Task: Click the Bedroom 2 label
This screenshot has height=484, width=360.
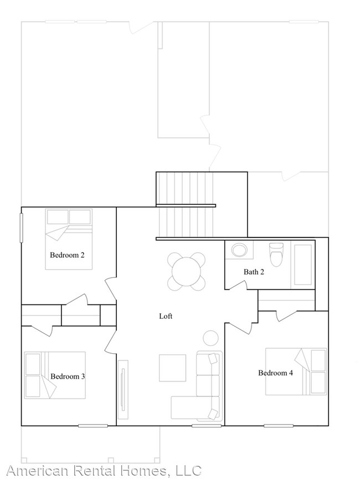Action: (67, 256)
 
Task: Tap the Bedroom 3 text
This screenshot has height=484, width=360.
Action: (68, 376)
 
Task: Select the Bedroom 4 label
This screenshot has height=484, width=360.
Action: (276, 373)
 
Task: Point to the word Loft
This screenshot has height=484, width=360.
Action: (166, 316)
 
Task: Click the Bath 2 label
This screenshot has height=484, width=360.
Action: (254, 272)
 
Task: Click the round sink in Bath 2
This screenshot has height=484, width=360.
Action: (240, 250)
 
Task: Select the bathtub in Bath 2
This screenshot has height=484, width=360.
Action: (302, 264)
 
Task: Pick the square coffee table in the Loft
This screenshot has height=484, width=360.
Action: (172, 368)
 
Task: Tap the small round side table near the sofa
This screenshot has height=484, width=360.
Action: (210, 337)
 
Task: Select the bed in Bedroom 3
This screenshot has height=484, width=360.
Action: (55, 375)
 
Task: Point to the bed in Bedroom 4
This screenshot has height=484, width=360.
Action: (296, 371)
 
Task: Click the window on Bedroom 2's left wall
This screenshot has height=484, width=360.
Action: (22, 227)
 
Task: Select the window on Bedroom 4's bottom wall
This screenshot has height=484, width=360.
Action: (279, 426)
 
